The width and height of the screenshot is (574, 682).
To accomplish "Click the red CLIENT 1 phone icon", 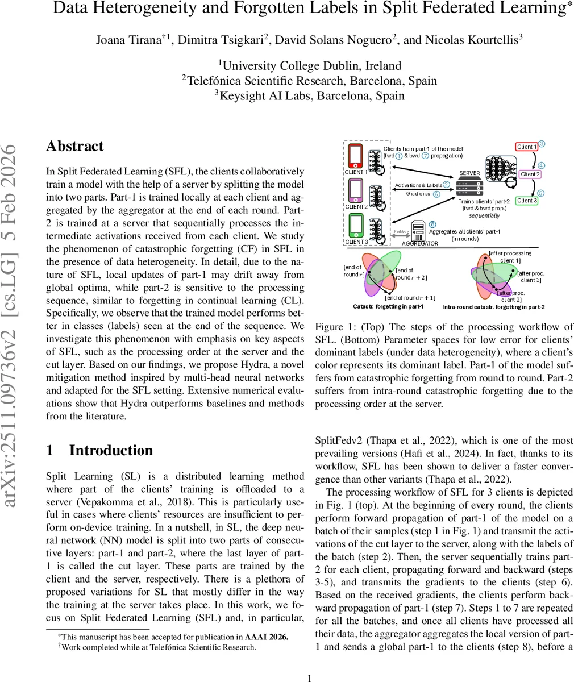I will [355, 155].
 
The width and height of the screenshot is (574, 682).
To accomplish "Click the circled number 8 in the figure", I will [432, 224].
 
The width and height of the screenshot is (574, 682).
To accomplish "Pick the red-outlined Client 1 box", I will [526, 147].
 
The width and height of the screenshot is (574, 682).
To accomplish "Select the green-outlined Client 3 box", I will [527, 200].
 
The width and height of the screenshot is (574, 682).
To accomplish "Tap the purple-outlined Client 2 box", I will [530, 174].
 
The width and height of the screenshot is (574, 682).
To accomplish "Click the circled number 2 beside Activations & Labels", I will [446, 184].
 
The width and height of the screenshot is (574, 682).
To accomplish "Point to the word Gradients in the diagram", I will [418, 193].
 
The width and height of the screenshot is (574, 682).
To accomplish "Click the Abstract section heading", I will [75, 146].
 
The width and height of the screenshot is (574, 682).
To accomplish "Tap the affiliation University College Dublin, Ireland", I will [310, 65].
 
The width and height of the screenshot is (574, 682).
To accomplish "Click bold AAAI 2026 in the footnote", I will [267, 637].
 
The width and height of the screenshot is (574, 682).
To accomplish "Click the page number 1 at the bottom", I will [309, 677].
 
